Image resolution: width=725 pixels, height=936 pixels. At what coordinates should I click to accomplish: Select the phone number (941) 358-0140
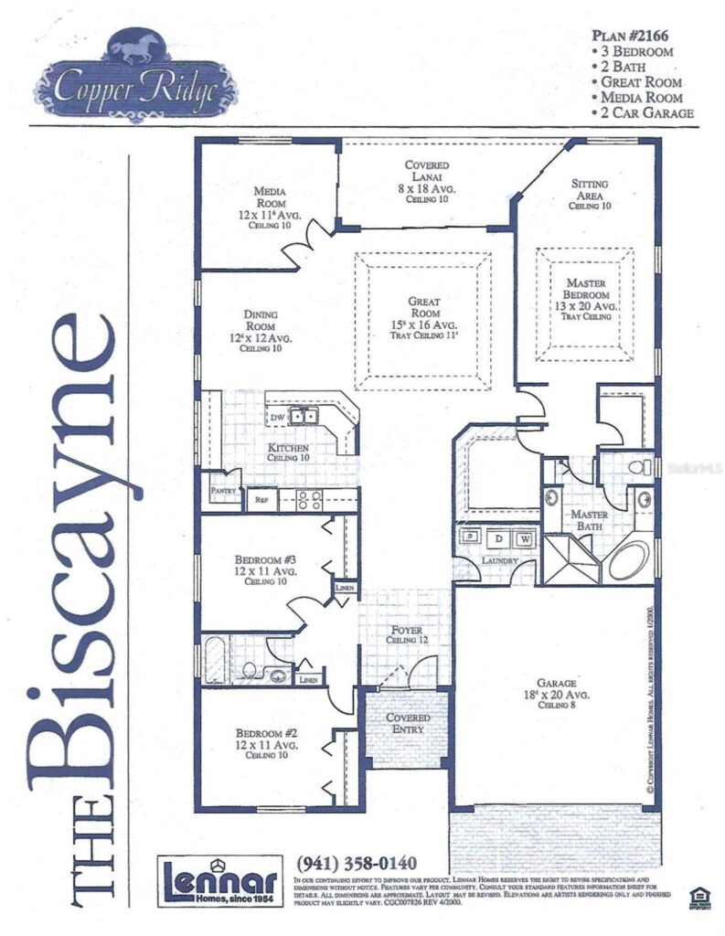[357, 863]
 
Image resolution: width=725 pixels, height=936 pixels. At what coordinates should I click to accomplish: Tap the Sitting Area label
[589, 194]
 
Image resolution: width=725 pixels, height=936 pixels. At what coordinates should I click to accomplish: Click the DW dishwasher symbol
[277, 418]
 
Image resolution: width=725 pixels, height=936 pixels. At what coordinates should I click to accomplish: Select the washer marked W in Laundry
[525, 537]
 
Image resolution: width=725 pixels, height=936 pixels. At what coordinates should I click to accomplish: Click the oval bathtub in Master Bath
[629, 559]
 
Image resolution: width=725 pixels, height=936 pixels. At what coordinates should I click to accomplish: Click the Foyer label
[406, 635]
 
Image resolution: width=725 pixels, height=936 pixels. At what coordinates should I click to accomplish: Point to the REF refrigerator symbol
[261, 500]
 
